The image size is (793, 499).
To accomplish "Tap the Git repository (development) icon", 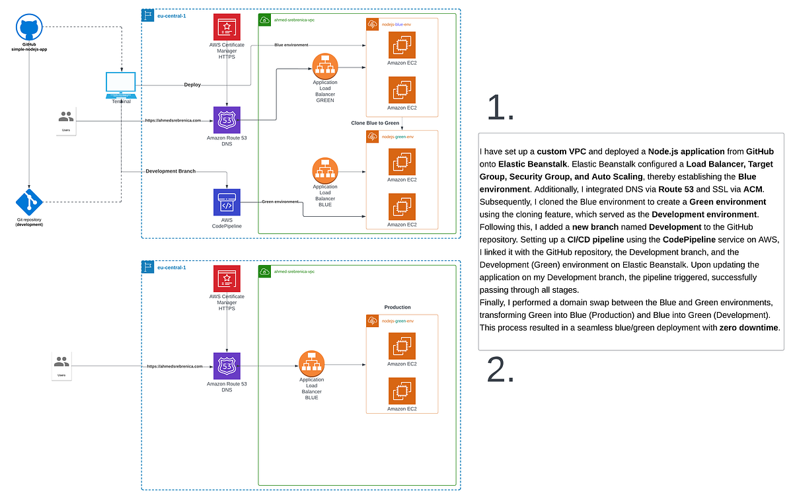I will [29, 200].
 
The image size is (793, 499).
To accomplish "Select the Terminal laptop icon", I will [121, 84].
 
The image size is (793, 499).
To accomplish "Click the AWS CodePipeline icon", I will [227, 202].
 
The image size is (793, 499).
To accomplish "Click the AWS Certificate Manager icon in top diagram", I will [227, 27].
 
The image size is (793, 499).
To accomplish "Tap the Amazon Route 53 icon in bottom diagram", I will [227, 365].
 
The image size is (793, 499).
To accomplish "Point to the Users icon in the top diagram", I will [66, 118].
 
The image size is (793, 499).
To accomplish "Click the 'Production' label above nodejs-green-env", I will [398, 307].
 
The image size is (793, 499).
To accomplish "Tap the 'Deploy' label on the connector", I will [192, 85].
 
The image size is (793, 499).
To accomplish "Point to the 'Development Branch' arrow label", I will [170, 171].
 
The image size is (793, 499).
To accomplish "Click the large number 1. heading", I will [500, 108].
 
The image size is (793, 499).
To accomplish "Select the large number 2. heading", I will [500, 369].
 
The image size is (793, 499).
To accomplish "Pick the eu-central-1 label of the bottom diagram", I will [171, 268].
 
